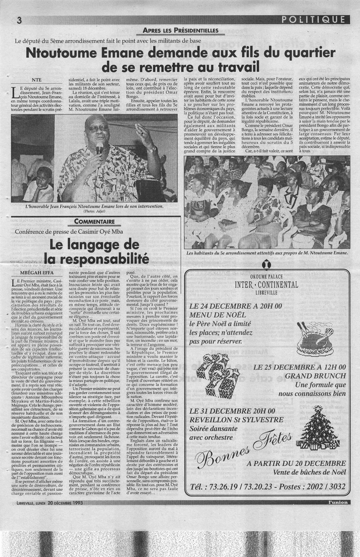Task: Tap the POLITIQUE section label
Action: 314,20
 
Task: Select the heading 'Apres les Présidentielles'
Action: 180,30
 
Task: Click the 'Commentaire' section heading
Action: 95,221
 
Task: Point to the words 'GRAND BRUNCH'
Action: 315,376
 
